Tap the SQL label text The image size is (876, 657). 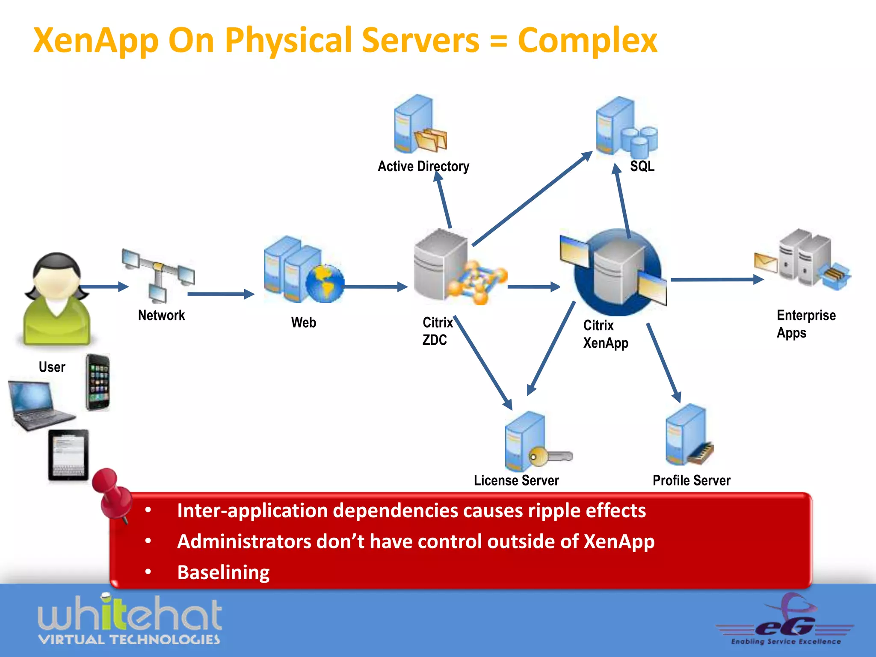tap(642, 166)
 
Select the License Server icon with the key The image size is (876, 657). tap(535, 442)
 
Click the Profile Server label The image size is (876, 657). tap(691, 480)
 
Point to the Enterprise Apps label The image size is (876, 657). tap(805, 324)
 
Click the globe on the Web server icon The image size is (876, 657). tap(325, 284)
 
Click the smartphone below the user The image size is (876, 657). tap(98, 382)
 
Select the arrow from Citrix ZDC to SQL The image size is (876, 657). tap(533, 199)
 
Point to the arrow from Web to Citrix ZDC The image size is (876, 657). tap(375, 287)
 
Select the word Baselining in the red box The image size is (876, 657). tap(223, 572)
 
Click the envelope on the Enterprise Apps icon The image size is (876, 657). tap(765, 262)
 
